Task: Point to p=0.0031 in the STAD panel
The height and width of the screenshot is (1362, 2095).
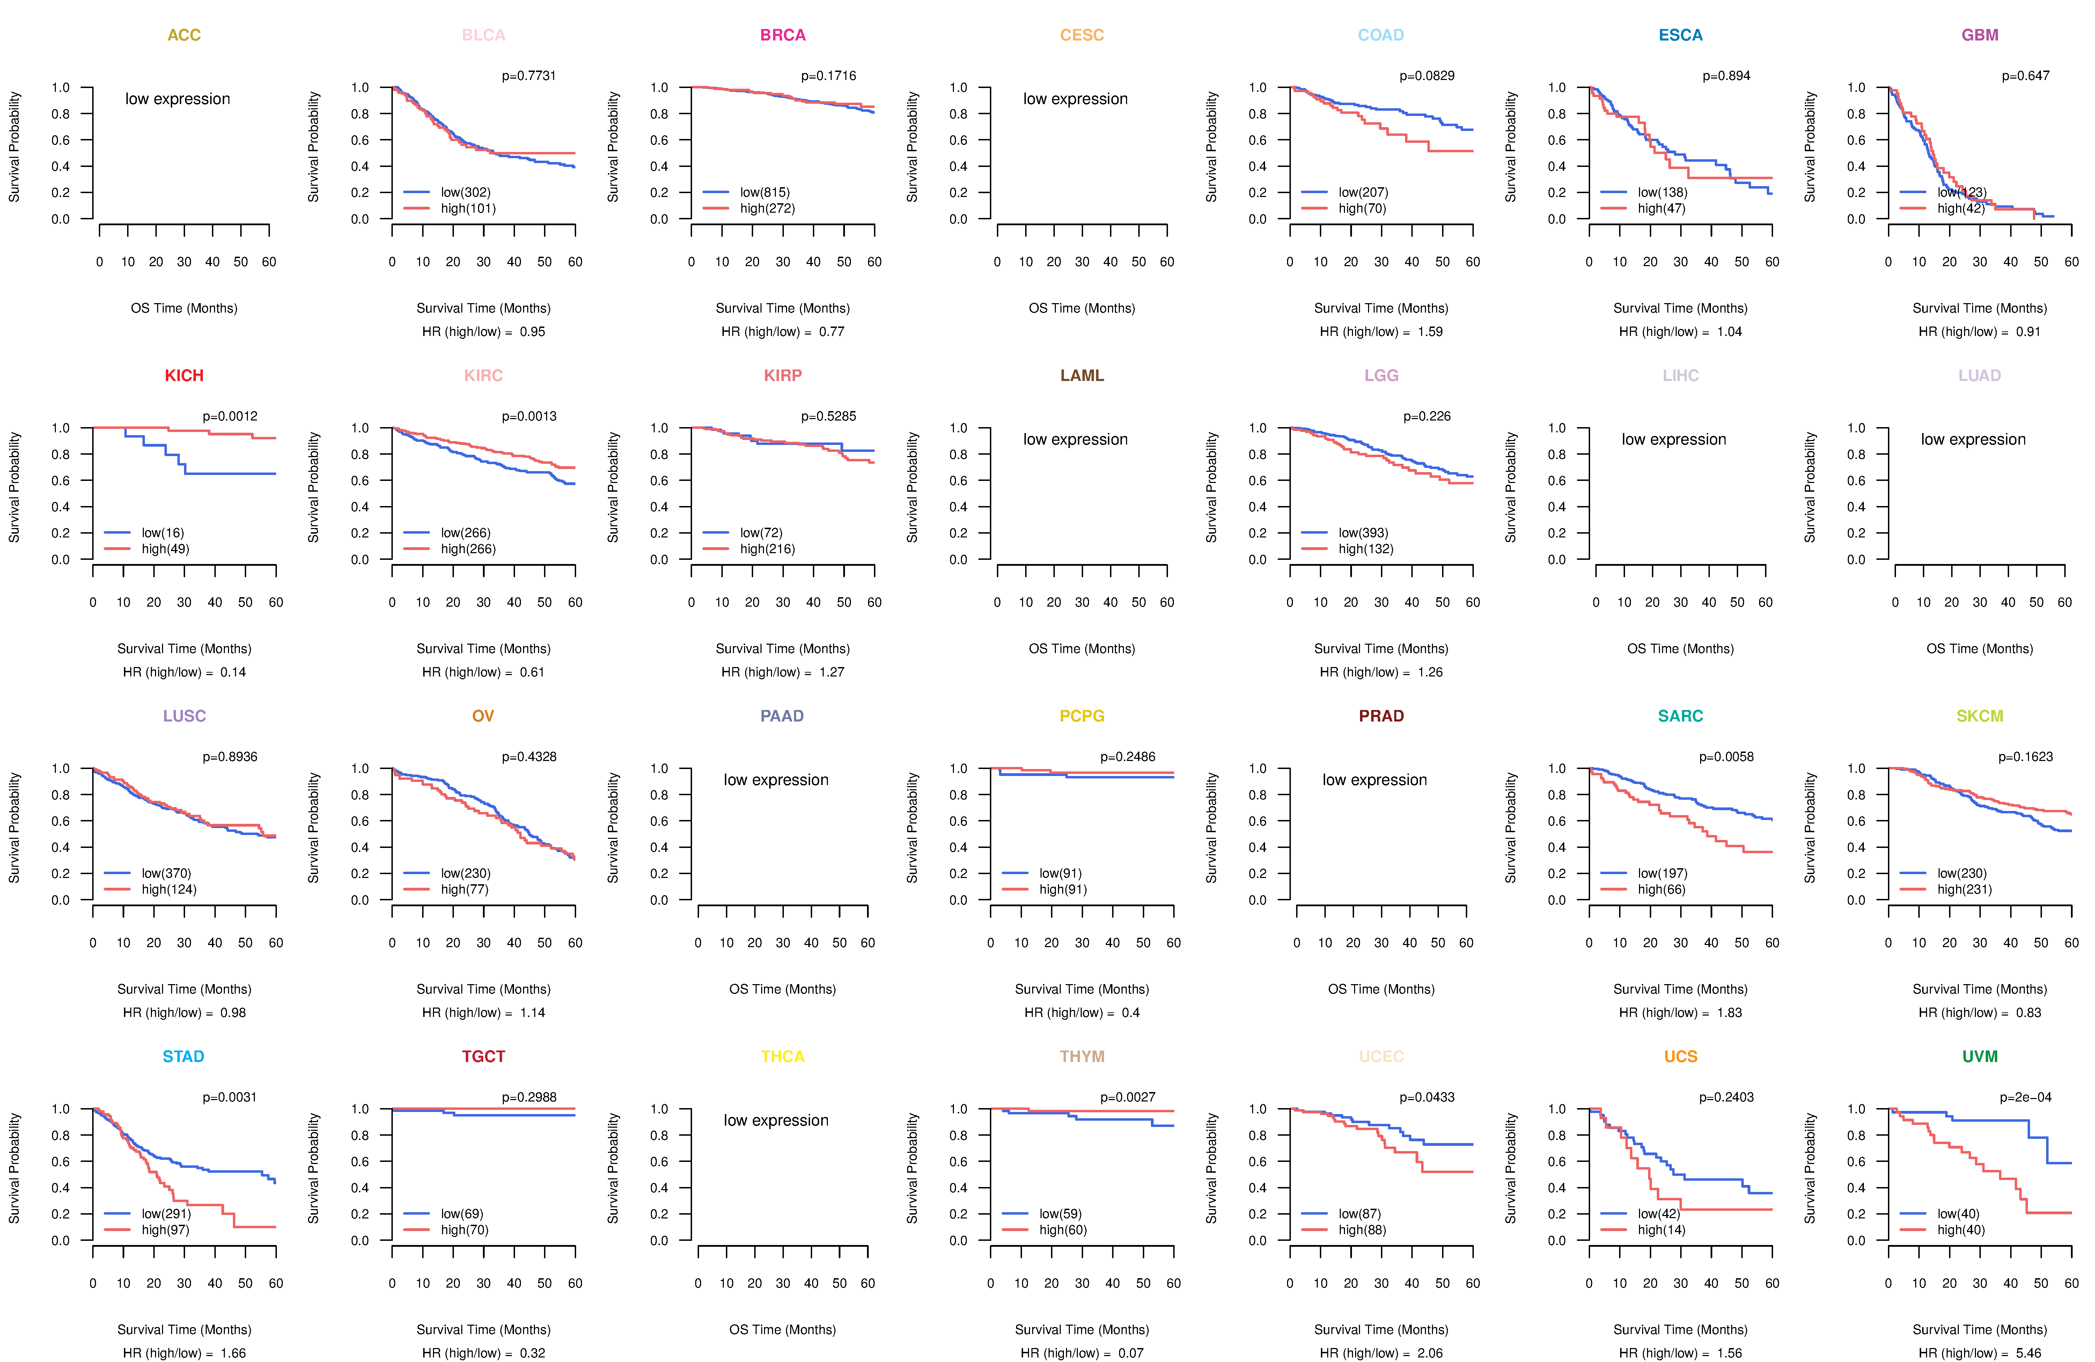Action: tap(230, 1097)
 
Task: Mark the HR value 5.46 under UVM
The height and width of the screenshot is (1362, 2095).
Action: tap(2028, 1353)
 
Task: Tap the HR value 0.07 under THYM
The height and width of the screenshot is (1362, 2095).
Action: tap(1130, 1353)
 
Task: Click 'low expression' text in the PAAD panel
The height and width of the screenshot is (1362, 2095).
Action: tap(775, 780)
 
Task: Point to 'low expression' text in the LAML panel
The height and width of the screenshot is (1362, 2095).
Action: tap(1075, 439)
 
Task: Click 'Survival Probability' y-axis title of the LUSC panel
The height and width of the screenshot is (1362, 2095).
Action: tap(14, 828)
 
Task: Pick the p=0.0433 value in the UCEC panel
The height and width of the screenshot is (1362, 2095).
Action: tap(1427, 1097)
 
